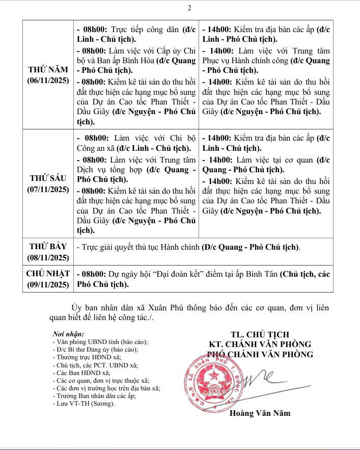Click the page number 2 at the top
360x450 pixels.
[189, 8]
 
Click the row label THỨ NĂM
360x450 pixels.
[48, 70]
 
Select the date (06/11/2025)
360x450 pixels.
[48, 80]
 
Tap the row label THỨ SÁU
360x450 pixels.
[48, 179]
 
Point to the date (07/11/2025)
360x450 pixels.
[48, 189]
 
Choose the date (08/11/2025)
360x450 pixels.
[48, 257]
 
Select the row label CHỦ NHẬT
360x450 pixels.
[48, 274]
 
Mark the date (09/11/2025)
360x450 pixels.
[48, 285]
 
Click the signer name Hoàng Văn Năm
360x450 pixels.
[260, 413]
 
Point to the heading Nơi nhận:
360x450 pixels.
[68, 334]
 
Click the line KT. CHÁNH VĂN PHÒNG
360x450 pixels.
[260, 345]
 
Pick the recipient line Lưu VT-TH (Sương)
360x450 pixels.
[84, 404]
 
